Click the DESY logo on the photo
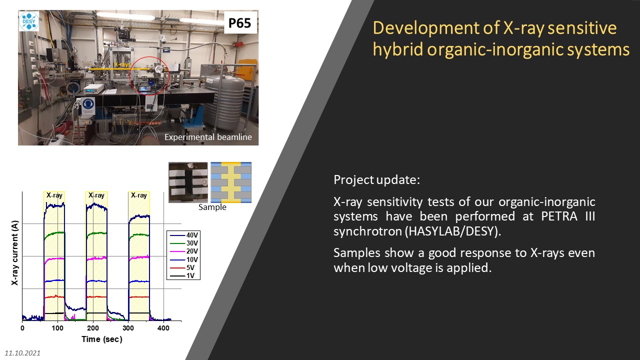click(29, 21)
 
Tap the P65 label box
click(240, 23)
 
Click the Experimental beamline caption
click(208, 137)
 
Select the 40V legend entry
click(183, 235)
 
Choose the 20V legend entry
click(183, 251)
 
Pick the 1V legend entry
click(182, 275)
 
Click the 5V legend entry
click(182, 267)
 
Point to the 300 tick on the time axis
click(128, 328)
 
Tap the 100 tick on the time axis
click(57, 328)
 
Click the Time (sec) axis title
click(102, 339)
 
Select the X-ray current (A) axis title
click(15, 252)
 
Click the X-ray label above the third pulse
click(139, 195)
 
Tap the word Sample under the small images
click(212, 207)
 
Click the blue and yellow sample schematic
click(231, 182)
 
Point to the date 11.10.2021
click(22, 353)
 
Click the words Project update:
click(377, 179)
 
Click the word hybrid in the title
click(397, 49)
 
